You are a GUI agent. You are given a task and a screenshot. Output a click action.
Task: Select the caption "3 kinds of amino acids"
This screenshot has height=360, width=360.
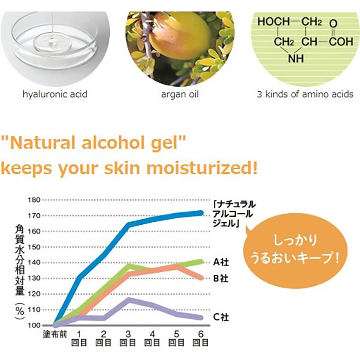(x=305, y=94)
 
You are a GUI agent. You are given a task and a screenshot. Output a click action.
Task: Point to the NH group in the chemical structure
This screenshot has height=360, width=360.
(x=296, y=58)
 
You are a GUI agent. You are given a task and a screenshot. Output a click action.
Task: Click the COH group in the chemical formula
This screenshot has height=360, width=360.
(x=341, y=42)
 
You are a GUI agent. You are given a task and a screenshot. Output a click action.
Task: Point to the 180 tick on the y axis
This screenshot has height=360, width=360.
(x=34, y=200)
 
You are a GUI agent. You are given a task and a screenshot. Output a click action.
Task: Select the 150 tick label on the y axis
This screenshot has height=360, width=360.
(x=34, y=247)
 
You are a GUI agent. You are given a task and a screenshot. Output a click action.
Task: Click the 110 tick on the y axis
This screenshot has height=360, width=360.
(x=34, y=310)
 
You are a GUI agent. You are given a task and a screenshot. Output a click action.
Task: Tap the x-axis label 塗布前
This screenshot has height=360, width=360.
(x=55, y=334)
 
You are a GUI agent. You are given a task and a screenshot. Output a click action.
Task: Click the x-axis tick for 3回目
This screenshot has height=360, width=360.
(x=128, y=338)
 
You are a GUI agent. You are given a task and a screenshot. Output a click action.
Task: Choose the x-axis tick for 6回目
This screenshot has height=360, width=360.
(x=201, y=338)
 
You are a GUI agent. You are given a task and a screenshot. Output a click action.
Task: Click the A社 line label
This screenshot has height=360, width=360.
(x=221, y=262)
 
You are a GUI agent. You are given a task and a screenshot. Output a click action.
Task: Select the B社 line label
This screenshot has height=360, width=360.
(x=221, y=279)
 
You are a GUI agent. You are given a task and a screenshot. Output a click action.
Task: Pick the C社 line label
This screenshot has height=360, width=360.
(x=221, y=317)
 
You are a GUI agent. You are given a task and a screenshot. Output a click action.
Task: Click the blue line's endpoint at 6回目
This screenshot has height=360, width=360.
(x=201, y=213)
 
